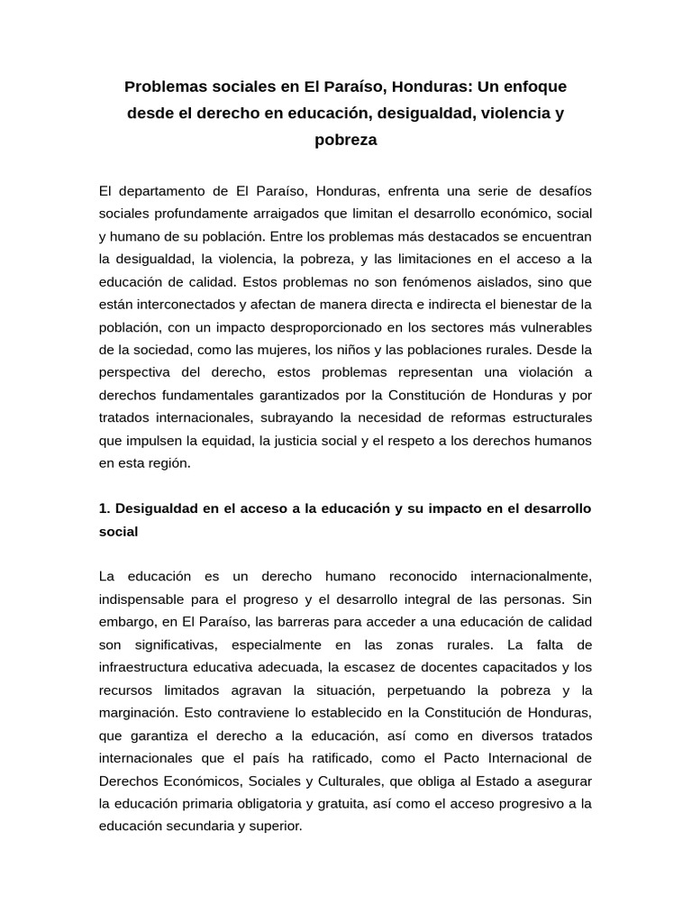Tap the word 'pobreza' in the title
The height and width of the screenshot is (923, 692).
point(345,140)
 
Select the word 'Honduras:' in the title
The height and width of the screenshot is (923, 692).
point(415,87)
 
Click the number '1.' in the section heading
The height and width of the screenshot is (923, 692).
point(105,508)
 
